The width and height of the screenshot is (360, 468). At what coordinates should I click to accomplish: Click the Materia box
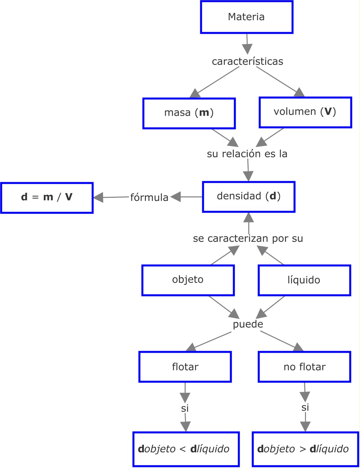point(247,17)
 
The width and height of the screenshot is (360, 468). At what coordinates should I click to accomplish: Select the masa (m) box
point(189,113)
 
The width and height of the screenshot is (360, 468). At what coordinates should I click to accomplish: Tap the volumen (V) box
point(305,112)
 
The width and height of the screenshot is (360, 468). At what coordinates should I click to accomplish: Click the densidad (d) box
point(249,196)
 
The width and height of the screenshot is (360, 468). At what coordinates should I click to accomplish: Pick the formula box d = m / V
point(47,197)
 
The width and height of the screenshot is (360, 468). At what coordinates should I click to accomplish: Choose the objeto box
point(188,280)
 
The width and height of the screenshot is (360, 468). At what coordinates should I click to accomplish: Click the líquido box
point(304,280)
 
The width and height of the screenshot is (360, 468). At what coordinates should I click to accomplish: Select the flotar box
point(185,367)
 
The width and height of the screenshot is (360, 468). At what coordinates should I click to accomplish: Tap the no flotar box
point(304,367)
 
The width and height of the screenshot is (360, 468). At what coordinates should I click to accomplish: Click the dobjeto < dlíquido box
point(186,449)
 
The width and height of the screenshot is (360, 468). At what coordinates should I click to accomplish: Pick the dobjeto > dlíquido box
point(305,449)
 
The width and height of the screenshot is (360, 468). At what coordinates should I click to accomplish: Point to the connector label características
point(247,61)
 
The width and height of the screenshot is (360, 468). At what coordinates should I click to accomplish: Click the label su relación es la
point(247,154)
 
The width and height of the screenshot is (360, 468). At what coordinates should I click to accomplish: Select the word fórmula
point(149,197)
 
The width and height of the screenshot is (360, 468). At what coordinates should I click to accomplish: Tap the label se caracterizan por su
point(248,238)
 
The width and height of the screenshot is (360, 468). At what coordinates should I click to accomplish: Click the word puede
point(248,324)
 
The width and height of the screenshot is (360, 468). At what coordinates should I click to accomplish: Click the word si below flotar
point(185,408)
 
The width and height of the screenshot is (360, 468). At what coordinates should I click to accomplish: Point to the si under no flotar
point(305,407)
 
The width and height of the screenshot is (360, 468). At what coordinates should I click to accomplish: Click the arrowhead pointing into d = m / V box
point(98,198)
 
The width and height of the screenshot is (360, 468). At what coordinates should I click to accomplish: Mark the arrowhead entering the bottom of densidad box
point(249,217)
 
